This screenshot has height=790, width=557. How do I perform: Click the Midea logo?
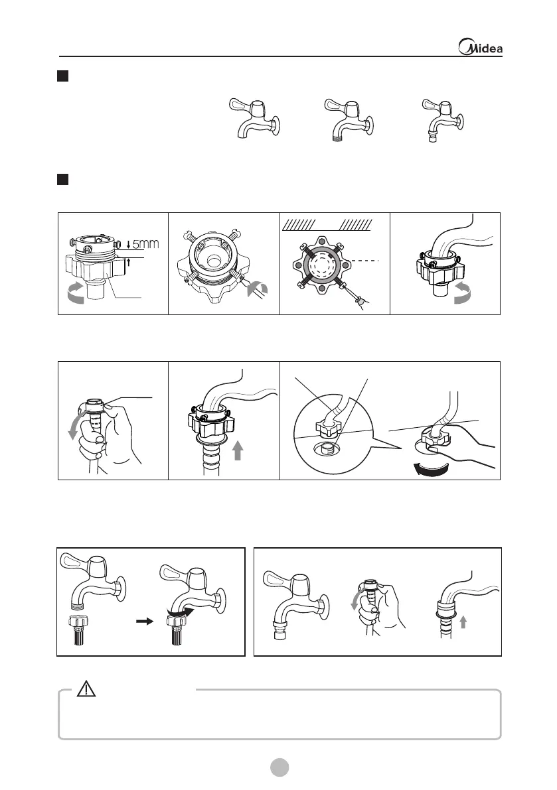(x=480, y=47)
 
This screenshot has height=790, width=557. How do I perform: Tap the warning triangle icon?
(x=86, y=689)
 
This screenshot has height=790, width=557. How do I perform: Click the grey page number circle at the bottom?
(x=279, y=767)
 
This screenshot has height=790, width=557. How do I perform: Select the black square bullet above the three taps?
(x=62, y=76)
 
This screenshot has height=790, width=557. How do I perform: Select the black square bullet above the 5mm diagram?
(x=62, y=179)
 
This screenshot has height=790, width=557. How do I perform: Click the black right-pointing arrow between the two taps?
(x=145, y=622)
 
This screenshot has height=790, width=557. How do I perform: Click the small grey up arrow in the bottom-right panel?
(x=463, y=622)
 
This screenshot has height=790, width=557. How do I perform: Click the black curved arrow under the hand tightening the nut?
(x=430, y=469)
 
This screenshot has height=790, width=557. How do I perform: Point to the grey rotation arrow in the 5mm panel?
(x=76, y=293)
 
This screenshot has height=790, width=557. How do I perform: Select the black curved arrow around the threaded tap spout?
(x=181, y=611)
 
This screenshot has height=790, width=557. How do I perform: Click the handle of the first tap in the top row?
(x=241, y=105)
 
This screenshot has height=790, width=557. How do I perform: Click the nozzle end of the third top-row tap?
(x=432, y=137)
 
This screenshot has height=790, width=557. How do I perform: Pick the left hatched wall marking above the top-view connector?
(x=298, y=225)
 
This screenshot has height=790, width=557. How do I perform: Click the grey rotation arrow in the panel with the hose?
(x=462, y=293)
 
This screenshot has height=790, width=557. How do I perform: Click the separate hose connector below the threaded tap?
(x=78, y=631)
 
